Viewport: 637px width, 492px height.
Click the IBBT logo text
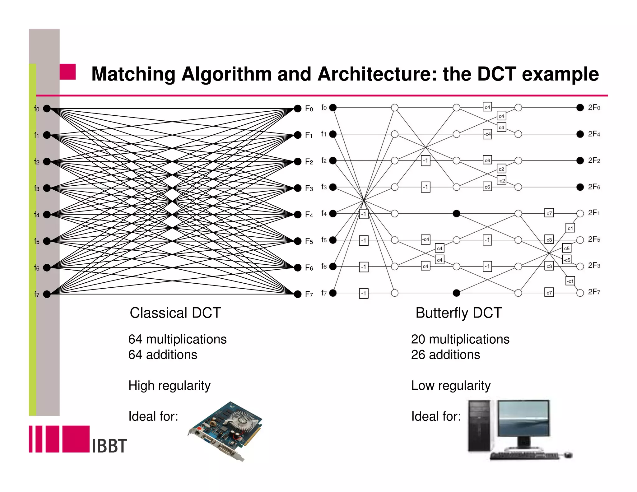click(x=109, y=446)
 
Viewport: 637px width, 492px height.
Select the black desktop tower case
click(x=479, y=425)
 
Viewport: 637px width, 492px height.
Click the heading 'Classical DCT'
click(x=175, y=313)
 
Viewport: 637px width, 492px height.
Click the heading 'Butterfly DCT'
click(x=459, y=313)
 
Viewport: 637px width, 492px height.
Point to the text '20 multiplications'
click(x=460, y=339)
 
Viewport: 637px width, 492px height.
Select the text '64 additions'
click(x=163, y=355)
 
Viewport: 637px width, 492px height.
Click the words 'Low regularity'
click(x=451, y=386)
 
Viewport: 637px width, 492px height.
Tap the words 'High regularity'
click(x=170, y=386)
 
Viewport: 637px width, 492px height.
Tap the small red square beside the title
click(x=67, y=72)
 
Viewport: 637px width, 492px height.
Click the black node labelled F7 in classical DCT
click(x=298, y=294)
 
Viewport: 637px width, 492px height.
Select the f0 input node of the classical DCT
click(x=47, y=109)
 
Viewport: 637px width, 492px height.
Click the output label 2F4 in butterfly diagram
click(x=594, y=134)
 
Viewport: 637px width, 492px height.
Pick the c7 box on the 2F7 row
click(x=549, y=293)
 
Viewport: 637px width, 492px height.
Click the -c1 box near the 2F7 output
click(x=570, y=281)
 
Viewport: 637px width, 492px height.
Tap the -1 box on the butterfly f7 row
click(x=364, y=293)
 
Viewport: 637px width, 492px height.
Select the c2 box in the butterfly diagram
click(x=501, y=169)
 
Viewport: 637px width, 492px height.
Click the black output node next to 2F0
click(x=580, y=108)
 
